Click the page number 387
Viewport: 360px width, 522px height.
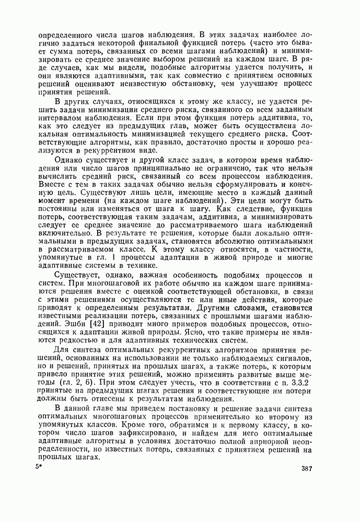pos(307,468)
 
